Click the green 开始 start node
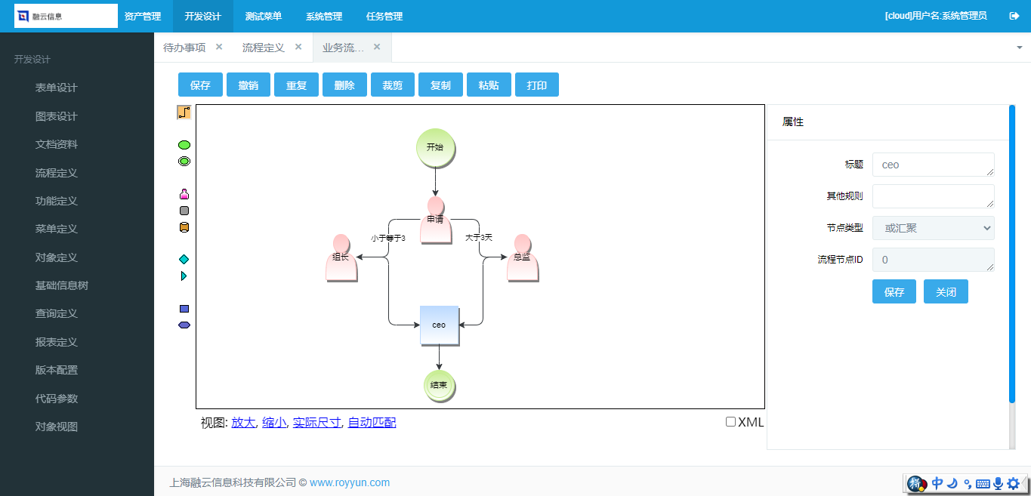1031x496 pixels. pos(435,148)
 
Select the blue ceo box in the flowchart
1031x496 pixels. pos(439,325)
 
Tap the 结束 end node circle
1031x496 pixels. pos(439,386)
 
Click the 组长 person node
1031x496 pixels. pos(341,257)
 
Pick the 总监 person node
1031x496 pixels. pos(523,257)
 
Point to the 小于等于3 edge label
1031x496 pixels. pos(388,238)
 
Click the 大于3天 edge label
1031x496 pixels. pos(479,237)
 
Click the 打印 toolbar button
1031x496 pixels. pos(537,85)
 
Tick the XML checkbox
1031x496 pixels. pos(730,421)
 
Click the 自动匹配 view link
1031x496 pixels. pos(372,422)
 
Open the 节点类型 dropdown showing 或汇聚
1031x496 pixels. pos(933,228)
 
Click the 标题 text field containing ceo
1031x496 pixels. pos(933,165)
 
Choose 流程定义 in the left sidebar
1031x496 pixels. pos(56,173)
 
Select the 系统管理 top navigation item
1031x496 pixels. pos(324,17)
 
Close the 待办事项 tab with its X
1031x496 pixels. pos(219,47)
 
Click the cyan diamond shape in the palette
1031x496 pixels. pos(184,260)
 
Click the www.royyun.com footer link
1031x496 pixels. pos(350,482)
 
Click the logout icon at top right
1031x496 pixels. pos(1014,16)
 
